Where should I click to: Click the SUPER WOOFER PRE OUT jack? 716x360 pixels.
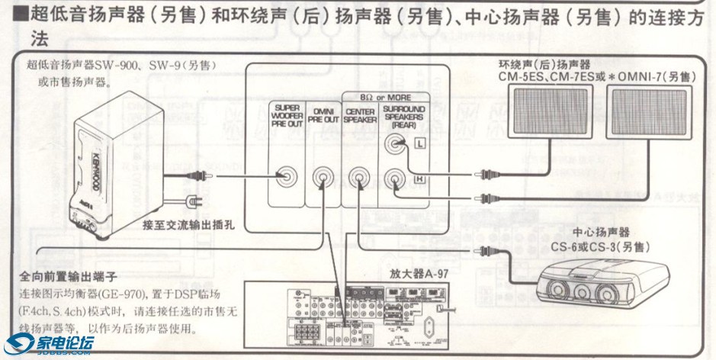pyautogui.click(x=287, y=176)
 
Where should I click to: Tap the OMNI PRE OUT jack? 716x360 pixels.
pyautogui.click(x=324, y=177)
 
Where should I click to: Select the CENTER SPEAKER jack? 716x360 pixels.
pyautogui.click(x=360, y=177)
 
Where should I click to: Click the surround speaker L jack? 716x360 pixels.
pyautogui.click(x=395, y=143)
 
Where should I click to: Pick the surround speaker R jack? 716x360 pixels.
pyautogui.click(x=395, y=177)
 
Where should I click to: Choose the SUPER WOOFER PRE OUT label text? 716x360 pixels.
pyautogui.click(x=287, y=118)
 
